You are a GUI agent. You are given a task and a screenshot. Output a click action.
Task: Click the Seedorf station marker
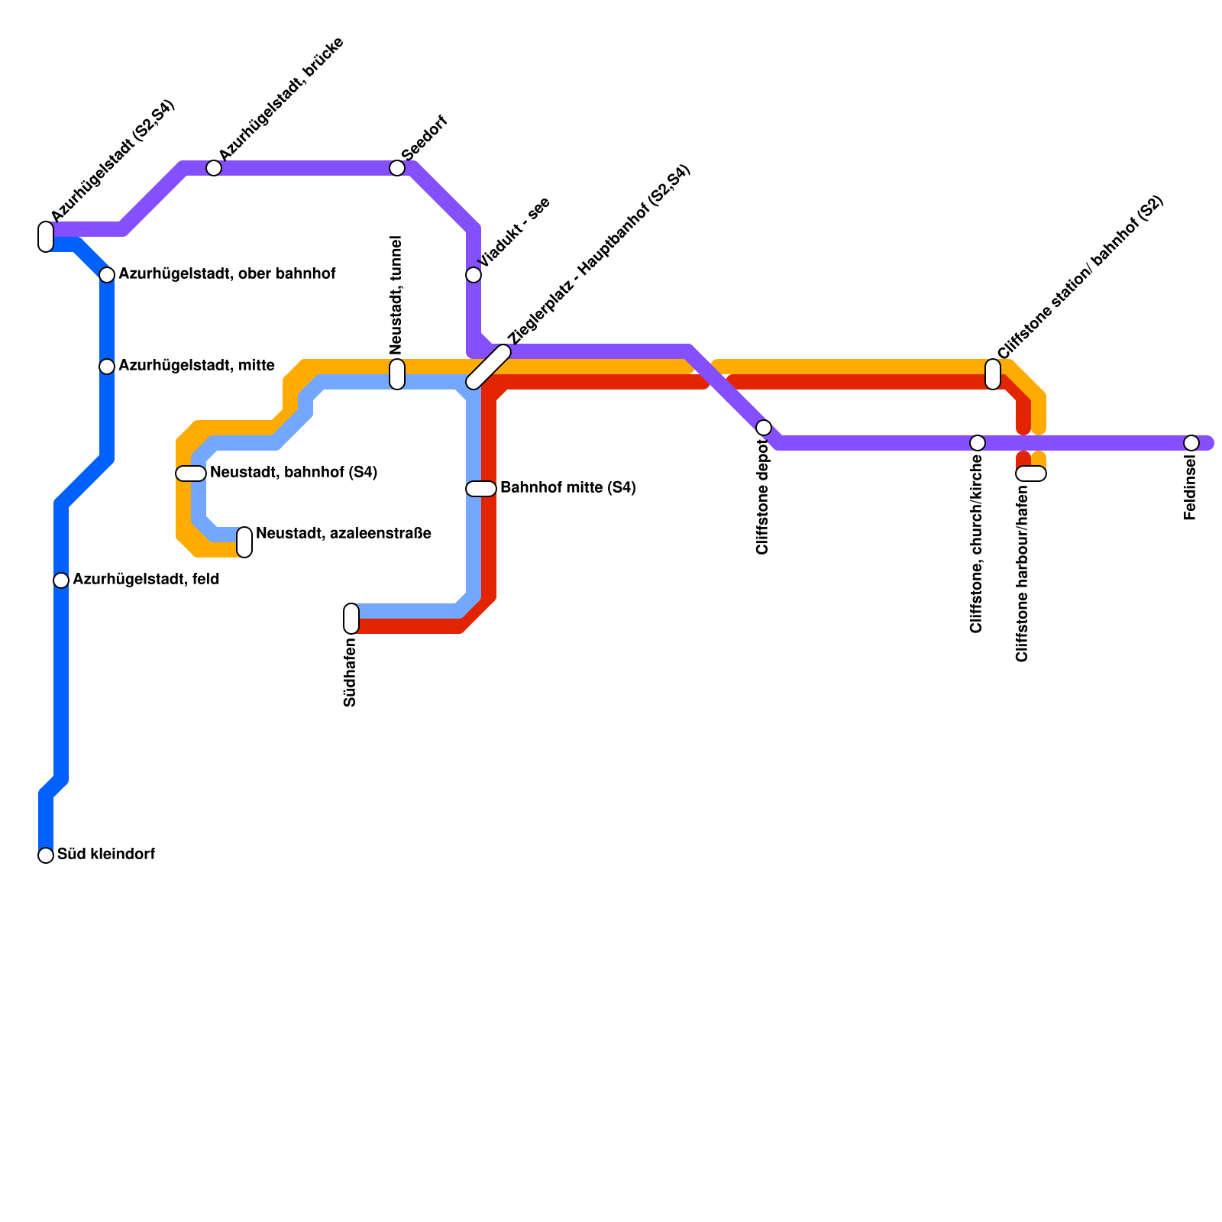(x=397, y=168)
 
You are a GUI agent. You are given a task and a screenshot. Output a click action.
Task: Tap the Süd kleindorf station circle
(x=46, y=855)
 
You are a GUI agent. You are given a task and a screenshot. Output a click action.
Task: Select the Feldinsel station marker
(x=1191, y=443)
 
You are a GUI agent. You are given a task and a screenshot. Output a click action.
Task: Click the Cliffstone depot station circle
(x=764, y=428)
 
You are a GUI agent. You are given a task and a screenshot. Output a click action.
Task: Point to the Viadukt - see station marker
(x=474, y=275)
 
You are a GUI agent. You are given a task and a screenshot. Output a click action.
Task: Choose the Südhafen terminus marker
(x=351, y=619)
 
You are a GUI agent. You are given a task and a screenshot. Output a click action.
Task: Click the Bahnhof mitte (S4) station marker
(x=481, y=489)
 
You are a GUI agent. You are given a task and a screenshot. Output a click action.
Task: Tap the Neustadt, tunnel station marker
(x=397, y=374)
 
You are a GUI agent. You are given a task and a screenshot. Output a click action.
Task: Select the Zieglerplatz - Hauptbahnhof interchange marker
(x=489, y=367)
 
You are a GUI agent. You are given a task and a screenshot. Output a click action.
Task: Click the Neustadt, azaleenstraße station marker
(x=244, y=542)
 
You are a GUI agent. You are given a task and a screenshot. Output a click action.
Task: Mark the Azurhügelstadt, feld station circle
(x=61, y=580)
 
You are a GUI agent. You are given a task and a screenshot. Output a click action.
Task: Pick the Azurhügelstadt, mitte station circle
(x=107, y=367)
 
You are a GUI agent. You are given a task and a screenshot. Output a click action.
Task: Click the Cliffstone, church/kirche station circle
(x=978, y=443)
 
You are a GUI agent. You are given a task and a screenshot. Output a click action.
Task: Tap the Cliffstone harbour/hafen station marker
(x=1031, y=474)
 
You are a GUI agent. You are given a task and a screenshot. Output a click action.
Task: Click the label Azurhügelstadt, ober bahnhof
(x=227, y=273)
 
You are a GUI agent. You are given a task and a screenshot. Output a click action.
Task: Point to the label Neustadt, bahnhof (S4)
(x=293, y=472)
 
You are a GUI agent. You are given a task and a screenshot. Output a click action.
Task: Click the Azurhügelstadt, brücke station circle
(x=214, y=168)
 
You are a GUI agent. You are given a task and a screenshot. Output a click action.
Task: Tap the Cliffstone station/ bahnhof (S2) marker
(x=993, y=374)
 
